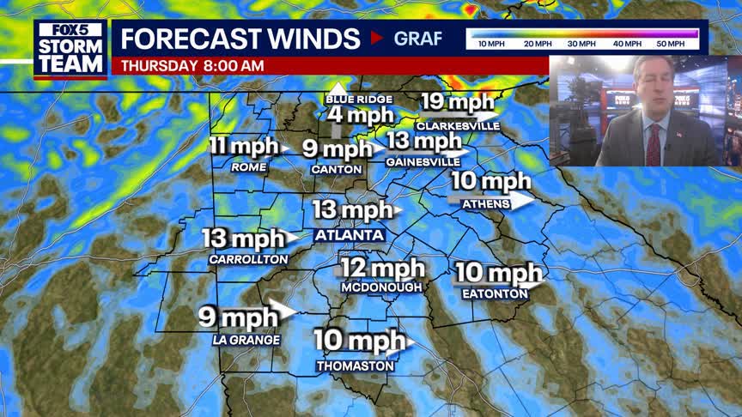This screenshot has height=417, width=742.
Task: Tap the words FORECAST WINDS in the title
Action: click(240, 39)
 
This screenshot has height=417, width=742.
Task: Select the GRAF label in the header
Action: click(418, 39)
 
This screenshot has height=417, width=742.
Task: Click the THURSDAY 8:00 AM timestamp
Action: click(192, 66)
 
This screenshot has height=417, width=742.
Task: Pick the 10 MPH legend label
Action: click(490, 44)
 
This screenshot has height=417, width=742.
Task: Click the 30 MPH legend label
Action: click(582, 44)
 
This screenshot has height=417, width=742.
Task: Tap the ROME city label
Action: click(249, 168)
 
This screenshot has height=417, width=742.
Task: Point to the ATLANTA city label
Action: click(350, 235)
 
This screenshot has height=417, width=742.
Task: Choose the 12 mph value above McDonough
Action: click(382, 268)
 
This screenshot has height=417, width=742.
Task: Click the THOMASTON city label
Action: click(355, 366)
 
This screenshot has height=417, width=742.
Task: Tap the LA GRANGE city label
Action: click(246, 341)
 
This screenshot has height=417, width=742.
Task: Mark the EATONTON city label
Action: click(494, 293)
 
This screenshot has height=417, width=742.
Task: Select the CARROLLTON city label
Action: click(248, 258)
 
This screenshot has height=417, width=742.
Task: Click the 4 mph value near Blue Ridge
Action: click(361, 115)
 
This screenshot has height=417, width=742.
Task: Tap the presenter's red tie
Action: click(654, 144)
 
